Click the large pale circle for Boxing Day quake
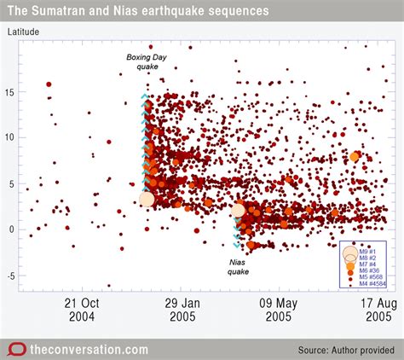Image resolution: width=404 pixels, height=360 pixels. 147,199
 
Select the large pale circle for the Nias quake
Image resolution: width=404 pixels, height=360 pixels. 238,210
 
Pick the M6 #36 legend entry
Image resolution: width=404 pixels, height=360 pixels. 369,270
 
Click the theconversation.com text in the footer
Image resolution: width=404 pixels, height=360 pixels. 89,350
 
